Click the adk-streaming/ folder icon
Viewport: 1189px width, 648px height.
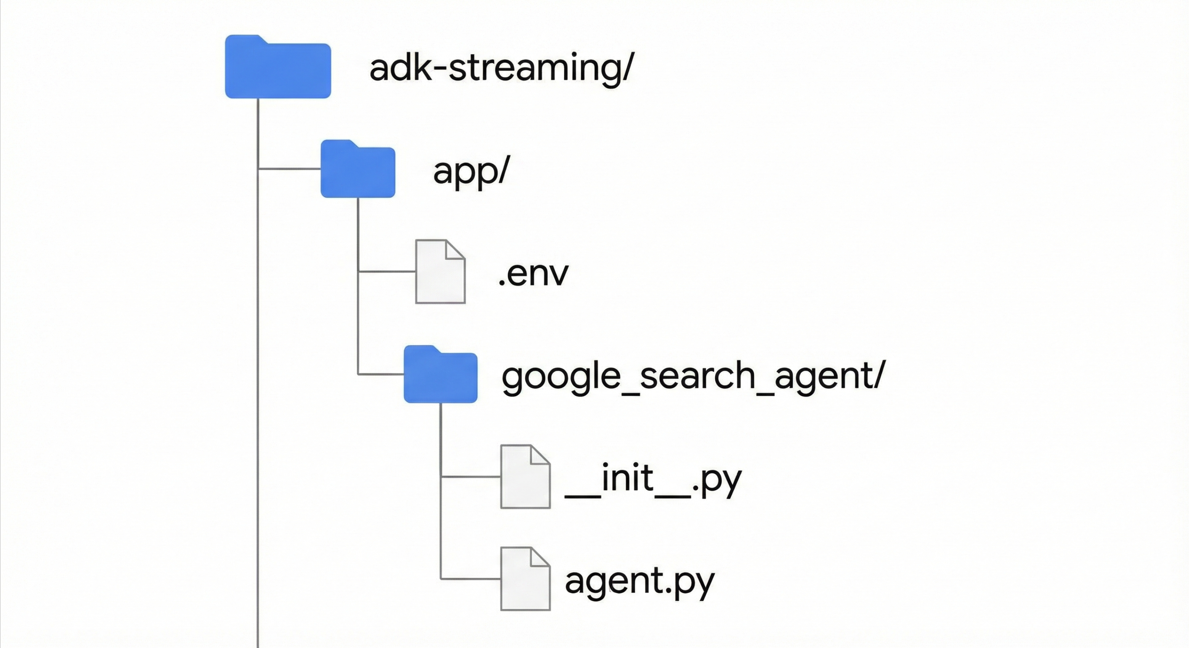click(278, 69)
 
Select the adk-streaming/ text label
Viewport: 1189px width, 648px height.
click(502, 68)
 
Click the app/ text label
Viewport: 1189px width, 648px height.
click(471, 171)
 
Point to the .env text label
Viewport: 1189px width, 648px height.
click(533, 274)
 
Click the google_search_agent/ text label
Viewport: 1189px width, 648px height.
click(693, 376)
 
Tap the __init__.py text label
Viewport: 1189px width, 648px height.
click(653, 479)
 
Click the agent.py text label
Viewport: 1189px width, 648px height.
click(639, 581)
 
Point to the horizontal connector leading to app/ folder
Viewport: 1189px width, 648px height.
click(290, 169)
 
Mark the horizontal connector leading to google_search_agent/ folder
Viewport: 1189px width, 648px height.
click(381, 374)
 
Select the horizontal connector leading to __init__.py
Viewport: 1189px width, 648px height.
click(471, 476)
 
